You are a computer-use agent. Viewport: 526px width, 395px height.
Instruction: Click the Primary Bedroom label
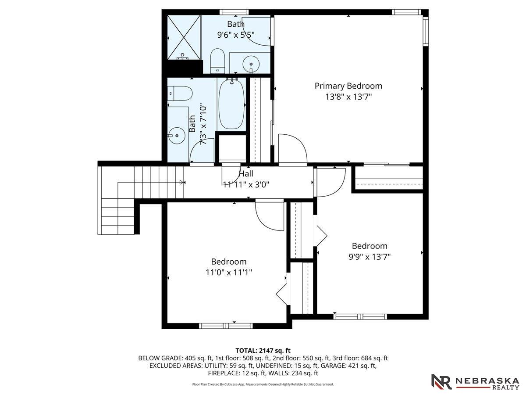tap(348, 86)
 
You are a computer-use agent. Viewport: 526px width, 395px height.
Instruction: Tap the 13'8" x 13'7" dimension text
tap(348, 97)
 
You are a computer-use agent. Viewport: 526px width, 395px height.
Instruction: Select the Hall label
tap(246, 174)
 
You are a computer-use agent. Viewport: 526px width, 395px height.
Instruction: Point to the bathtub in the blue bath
tap(232, 104)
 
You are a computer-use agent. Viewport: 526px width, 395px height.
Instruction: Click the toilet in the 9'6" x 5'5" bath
tap(217, 61)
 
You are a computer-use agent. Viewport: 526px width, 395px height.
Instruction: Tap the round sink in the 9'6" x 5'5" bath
tap(251, 64)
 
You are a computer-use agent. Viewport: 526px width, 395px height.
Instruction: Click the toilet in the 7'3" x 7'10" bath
tap(180, 93)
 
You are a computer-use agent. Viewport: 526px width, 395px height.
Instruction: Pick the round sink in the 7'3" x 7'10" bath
tap(176, 136)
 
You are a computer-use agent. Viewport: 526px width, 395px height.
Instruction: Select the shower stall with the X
tap(184, 37)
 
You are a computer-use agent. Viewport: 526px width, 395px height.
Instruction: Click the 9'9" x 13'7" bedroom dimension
tap(370, 257)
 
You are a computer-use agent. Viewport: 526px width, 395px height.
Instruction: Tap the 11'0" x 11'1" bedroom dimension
tap(229, 273)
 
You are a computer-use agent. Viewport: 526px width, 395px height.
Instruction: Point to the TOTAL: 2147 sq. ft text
tap(263, 351)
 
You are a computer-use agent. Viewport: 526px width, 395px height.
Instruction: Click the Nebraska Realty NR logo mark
tap(441, 381)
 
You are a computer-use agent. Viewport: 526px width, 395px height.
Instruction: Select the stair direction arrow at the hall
tap(182, 183)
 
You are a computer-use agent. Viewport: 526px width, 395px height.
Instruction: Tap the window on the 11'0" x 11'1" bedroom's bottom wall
tap(226, 326)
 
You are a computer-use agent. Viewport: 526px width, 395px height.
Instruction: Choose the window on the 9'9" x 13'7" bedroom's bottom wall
tap(360, 316)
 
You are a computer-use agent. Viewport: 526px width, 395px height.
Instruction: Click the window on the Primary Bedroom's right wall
tap(426, 32)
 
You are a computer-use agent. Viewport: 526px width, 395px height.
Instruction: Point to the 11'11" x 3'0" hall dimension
tap(246, 184)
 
